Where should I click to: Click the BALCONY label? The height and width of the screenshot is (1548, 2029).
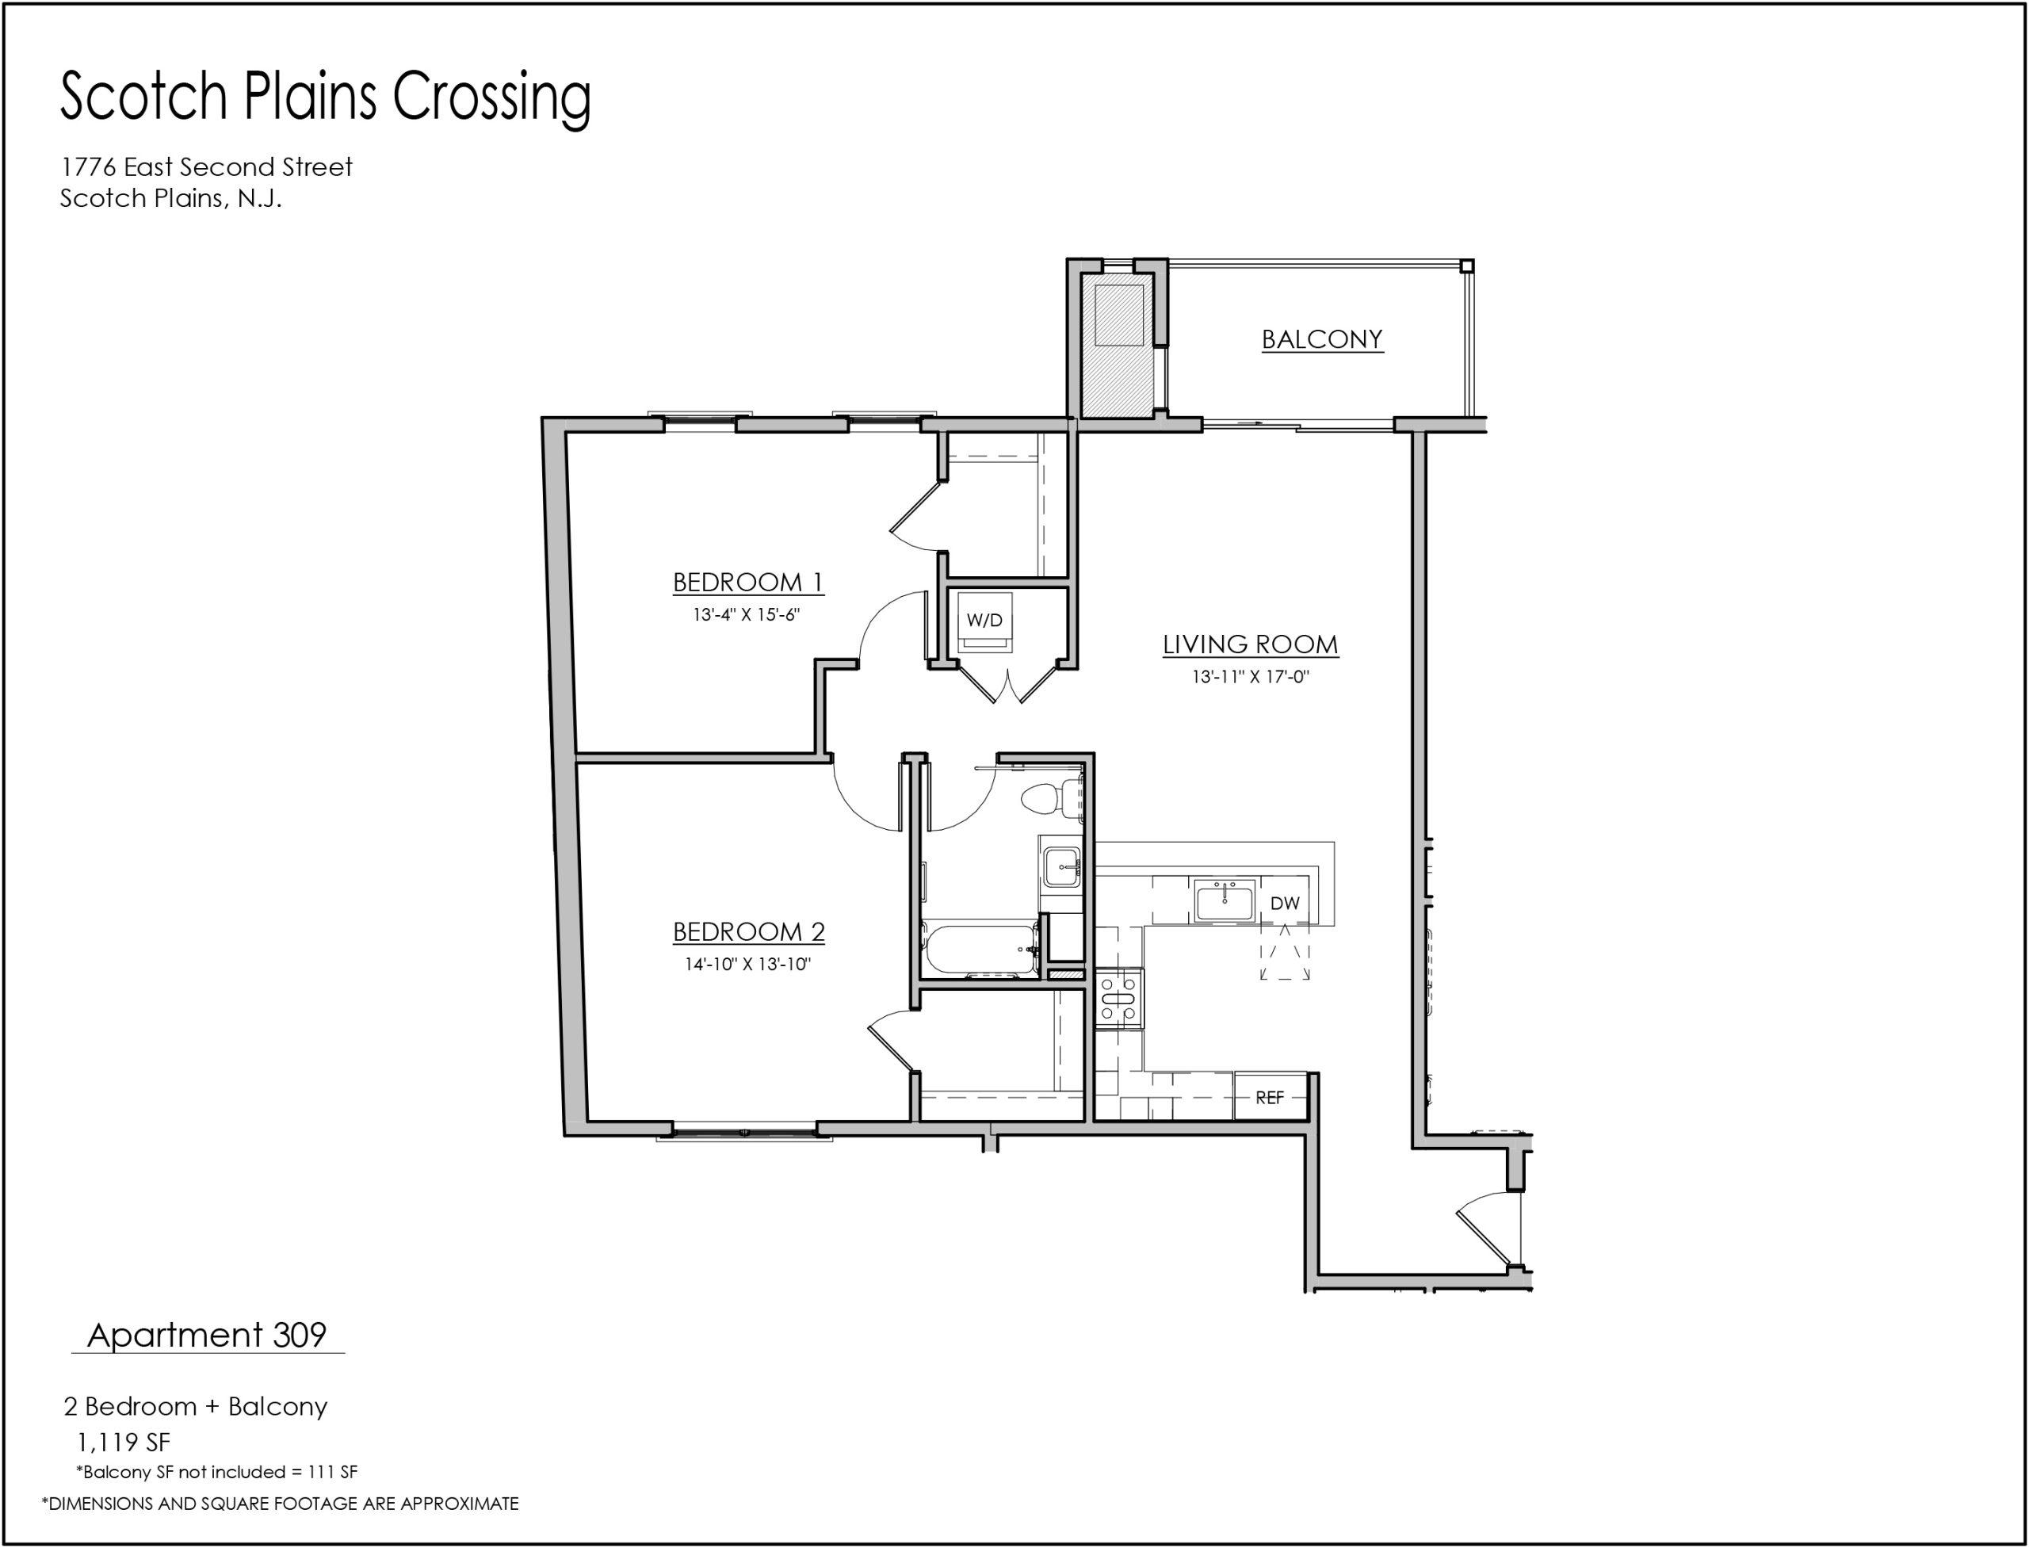click(1321, 339)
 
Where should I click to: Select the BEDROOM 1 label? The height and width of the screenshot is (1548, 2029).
click(747, 583)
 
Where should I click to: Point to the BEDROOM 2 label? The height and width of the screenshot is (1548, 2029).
click(748, 931)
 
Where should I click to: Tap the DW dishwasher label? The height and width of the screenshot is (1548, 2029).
click(1285, 903)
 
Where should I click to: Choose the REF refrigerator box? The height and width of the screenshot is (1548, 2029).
click(1271, 1098)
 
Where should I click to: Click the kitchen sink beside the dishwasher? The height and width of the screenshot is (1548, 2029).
click(1225, 900)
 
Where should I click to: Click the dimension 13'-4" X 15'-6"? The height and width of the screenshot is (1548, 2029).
click(747, 614)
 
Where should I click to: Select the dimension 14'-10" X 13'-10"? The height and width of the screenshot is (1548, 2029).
click(747, 965)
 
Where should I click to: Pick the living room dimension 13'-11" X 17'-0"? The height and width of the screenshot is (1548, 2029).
click(1251, 676)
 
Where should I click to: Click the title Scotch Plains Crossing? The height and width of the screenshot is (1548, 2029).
click(325, 96)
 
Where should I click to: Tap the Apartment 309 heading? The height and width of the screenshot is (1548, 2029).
click(208, 1335)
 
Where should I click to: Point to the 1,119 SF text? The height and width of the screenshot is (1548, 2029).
click(124, 1442)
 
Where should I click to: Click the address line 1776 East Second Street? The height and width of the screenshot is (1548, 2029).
click(206, 166)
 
